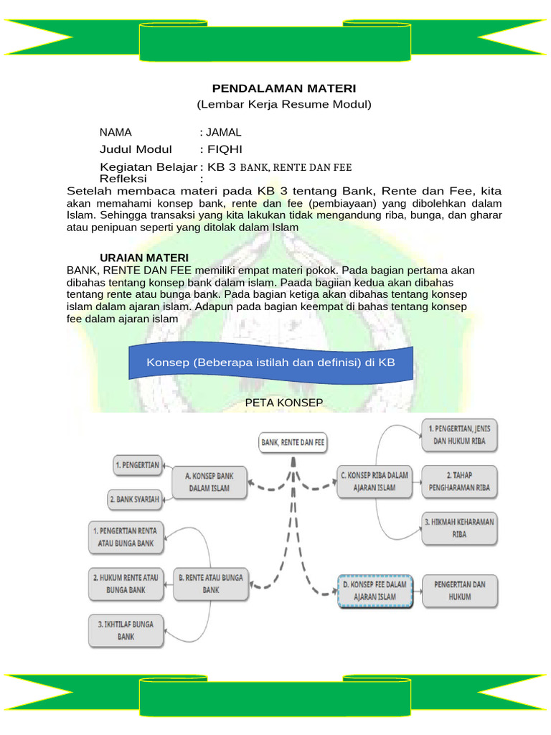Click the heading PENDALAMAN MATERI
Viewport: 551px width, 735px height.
pos(284,88)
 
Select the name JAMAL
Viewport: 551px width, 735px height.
pos(224,132)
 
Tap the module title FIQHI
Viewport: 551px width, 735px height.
pos(225,149)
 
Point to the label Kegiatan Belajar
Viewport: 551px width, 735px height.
pos(148,167)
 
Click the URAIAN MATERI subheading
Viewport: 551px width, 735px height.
pos(143,258)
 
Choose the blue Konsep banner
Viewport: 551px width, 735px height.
pos(271,362)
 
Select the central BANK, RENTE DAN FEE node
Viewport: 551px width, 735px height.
pos(292,443)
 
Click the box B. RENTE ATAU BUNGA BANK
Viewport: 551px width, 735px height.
pos(210,582)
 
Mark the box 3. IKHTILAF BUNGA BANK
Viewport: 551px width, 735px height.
pos(126,629)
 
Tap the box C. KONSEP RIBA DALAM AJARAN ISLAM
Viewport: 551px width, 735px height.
pos(374,481)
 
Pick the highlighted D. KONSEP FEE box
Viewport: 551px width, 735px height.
pos(375,590)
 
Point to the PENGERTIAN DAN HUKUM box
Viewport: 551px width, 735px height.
pos(459,590)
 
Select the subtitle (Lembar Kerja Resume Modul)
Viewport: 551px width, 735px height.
pos(284,105)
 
